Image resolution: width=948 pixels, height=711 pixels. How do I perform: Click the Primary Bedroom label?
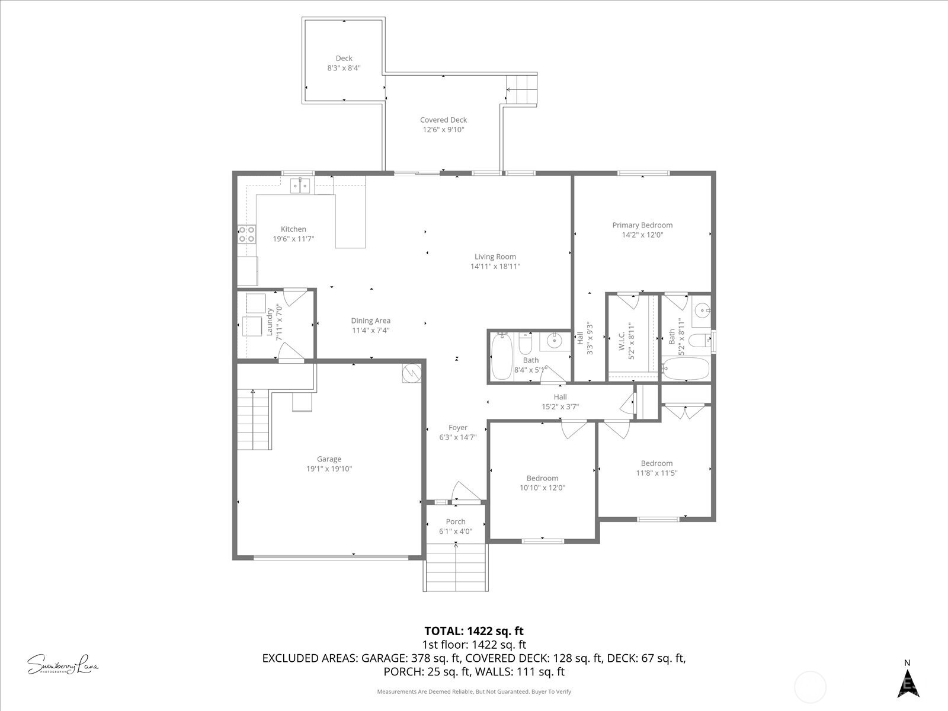(x=642, y=225)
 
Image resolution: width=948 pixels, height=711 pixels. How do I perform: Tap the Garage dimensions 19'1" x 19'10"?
(x=329, y=469)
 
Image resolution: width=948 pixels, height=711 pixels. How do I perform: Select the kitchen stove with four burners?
(x=246, y=234)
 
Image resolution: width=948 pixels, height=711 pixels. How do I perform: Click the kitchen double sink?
(x=301, y=186)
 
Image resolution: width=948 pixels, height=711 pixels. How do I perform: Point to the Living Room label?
(x=495, y=257)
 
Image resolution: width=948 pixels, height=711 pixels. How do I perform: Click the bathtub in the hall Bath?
(x=501, y=357)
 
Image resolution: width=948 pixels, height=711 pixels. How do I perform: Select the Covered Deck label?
(x=443, y=120)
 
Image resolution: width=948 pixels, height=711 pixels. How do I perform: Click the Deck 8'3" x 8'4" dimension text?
(x=344, y=68)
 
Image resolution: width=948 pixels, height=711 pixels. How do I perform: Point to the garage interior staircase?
(x=254, y=421)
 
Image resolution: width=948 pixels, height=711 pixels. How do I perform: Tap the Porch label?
(x=456, y=521)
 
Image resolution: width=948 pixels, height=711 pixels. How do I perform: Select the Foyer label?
(x=457, y=427)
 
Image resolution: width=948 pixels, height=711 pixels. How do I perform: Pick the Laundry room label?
(x=270, y=321)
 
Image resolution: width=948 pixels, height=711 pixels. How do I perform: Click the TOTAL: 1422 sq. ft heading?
(x=474, y=631)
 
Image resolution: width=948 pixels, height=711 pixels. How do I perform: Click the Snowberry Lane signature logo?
(x=63, y=664)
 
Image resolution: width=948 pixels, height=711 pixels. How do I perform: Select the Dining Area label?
(x=370, y=321)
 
